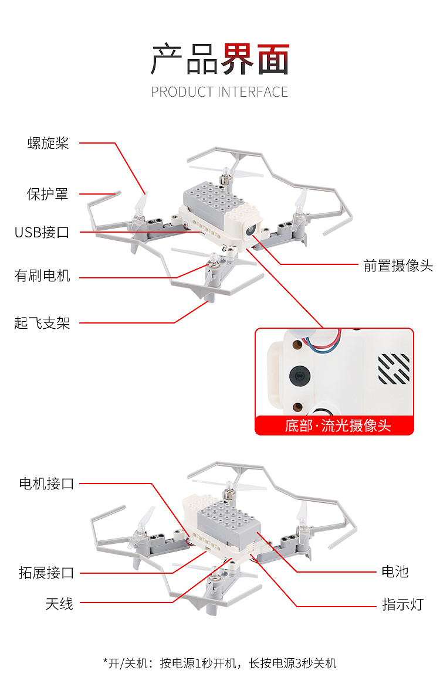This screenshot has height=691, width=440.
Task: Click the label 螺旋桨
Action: (48, 143)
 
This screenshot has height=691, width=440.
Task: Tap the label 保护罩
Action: (48, 194)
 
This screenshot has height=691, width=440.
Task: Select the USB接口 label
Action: (42, 232)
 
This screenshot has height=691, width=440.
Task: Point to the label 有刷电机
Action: (42, 275)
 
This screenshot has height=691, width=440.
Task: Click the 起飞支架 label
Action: (42, 322)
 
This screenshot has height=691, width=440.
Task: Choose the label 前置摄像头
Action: (398, 265)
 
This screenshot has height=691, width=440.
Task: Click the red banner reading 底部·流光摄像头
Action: (334, 426)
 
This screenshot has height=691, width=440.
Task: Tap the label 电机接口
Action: (47, 484)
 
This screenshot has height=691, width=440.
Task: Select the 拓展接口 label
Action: (47, 573)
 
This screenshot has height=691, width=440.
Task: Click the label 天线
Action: (59, 604)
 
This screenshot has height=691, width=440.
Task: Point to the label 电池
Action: (395, 571)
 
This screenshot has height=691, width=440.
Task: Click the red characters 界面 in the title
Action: (255, 59)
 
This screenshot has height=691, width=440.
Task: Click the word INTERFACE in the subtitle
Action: (253, 92)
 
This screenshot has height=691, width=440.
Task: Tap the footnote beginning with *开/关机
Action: (220, 663)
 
